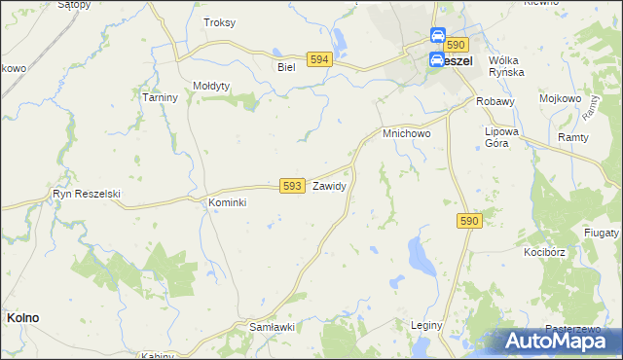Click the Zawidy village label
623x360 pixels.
pos(329,184)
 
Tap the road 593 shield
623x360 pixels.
pos(292,185)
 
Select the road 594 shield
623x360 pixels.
pos(318,59)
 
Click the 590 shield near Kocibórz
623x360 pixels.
pos(469,222)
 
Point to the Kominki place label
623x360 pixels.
pos(228,202)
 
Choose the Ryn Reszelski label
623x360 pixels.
pos(87,194)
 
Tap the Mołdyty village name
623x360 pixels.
pos(211,86)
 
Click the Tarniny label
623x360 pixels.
pos(159,97)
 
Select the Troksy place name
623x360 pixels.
pos(219,22)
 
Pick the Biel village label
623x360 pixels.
pos(285,67)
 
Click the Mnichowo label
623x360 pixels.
pos(406,132)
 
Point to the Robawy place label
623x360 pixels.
pos(495,100)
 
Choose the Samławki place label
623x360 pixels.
pos(273,328)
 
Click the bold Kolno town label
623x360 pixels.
pos(23,317)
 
